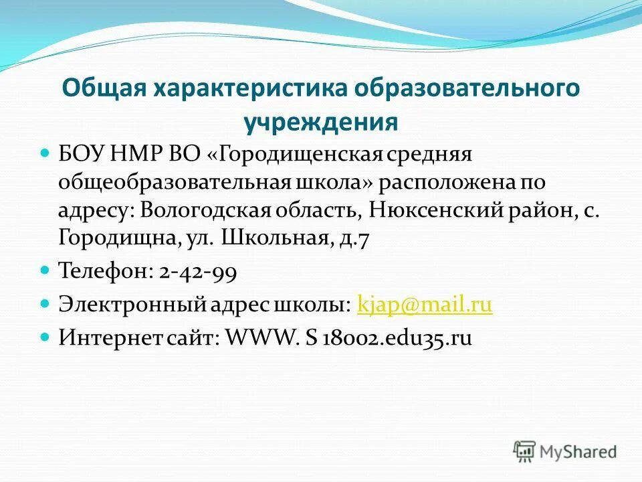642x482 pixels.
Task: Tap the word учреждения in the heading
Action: tap(320, 122)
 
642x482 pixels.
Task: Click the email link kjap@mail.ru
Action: tap(425, 305)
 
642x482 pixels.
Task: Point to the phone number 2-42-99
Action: tap(198, 272)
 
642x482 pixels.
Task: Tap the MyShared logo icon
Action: tap(524, 451)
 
